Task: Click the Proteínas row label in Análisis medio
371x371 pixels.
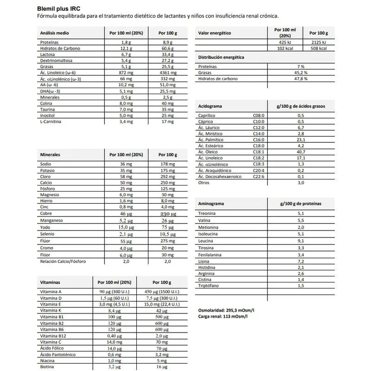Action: coord(50,42)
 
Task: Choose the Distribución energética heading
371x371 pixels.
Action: coord(221,58)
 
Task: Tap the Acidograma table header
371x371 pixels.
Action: coord(210,106)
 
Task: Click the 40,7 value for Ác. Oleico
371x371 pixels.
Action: coord(301,152)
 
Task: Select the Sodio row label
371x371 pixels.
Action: coord(46,164)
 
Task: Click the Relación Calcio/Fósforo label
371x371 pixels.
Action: coord(63,262)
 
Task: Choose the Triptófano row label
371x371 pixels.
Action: coord(209,286)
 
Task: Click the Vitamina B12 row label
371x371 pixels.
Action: coord(54,335)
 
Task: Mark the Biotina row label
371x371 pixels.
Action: coord(48,366)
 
